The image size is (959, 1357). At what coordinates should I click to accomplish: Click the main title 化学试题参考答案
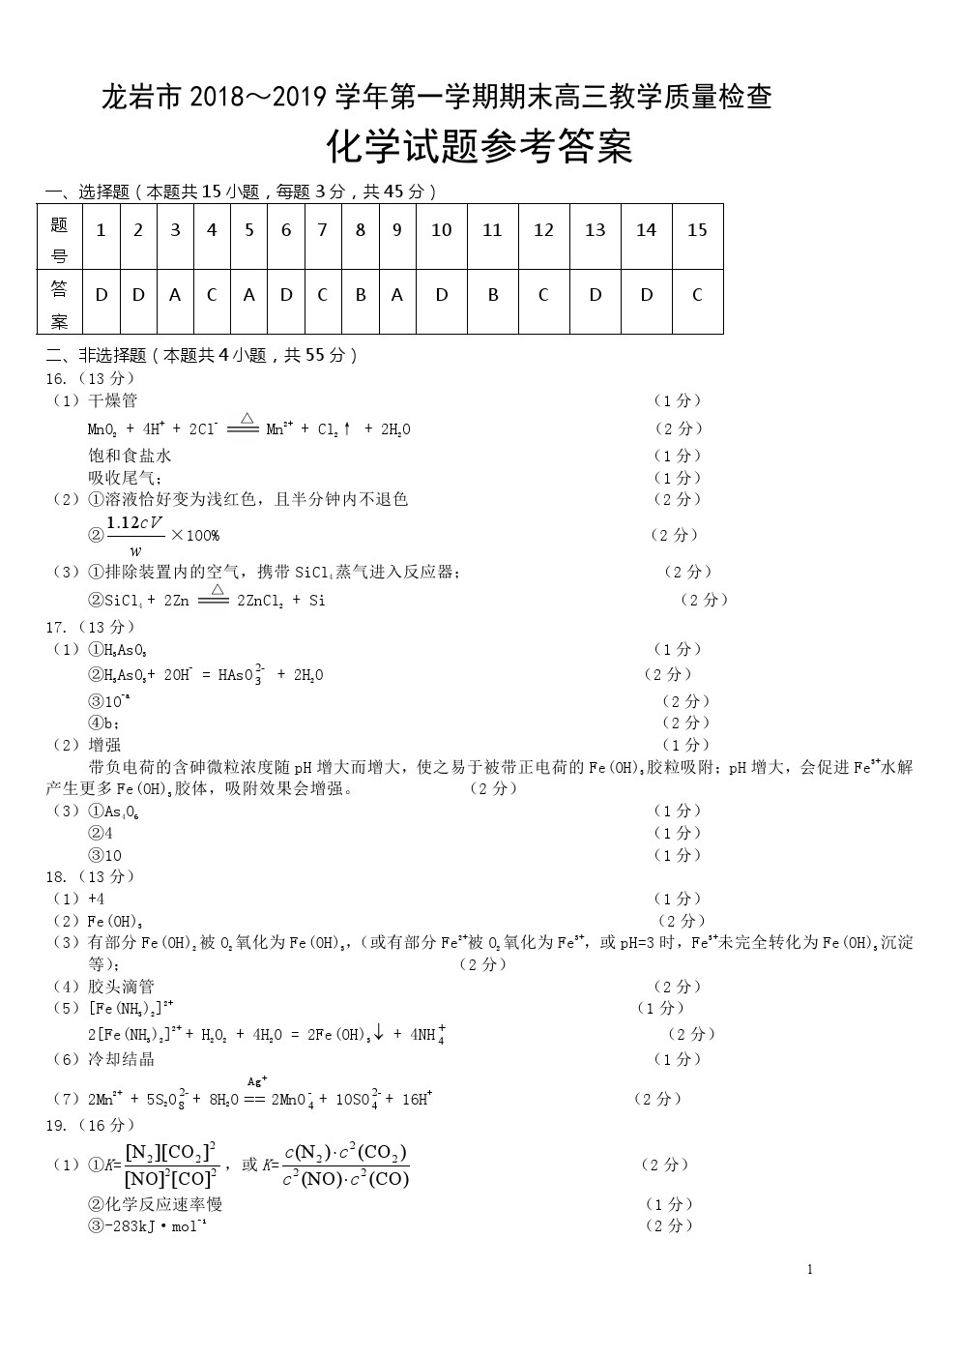point(479,148)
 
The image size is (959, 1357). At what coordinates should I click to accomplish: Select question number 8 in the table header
point(361,230)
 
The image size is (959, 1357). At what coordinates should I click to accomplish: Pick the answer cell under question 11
point(493,295)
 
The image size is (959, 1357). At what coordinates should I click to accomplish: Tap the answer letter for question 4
point(212,295)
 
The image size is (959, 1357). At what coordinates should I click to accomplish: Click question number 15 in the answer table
point(697,230)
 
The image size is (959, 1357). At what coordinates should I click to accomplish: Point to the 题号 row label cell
point(60,239)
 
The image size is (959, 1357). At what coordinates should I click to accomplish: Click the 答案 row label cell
point(60,304)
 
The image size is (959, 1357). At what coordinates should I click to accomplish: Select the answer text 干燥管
point(112,400)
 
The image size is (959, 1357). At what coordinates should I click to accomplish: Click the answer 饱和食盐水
point(130,456)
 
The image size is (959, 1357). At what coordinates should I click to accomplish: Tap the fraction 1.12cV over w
point(135,535)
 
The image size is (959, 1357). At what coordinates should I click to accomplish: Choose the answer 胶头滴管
point(121,987)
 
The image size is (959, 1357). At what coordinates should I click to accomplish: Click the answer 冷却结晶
point(121,1059)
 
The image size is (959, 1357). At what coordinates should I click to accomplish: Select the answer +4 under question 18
point(96,899)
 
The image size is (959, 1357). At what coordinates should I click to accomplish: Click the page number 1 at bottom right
point(809,1269)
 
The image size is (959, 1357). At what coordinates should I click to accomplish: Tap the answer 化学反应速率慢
point(156,1204)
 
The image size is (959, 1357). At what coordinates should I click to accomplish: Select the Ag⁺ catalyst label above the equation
point(257,1080)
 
